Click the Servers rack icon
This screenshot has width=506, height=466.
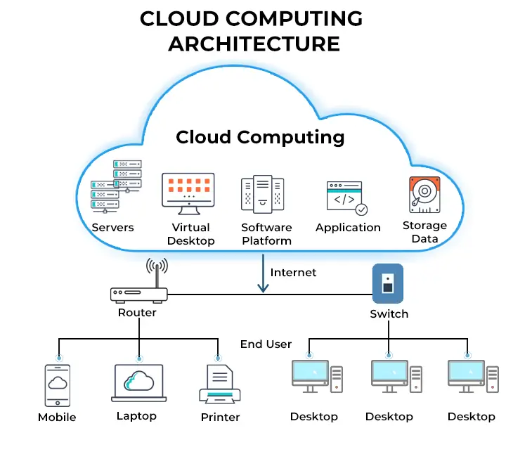point(116,187)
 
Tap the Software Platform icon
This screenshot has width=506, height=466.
point(262,194)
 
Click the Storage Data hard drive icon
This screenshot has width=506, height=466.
point(424,195)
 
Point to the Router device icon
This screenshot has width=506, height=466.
point(138,295)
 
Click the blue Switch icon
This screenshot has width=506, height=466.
point(387,283)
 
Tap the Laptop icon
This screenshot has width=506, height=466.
point(138,383)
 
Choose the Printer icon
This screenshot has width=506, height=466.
point(220,384)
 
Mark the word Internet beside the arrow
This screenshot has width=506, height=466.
point(293,272)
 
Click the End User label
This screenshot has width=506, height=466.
point(266,344)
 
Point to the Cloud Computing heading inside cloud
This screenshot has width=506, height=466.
point(260,136)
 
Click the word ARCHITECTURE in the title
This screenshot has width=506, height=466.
point(254,44)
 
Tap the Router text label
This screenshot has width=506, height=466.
point(137,312)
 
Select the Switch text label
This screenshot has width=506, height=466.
point(389,313)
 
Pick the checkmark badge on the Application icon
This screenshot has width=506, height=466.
point(361,209)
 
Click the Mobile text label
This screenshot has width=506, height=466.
point(57,417)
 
